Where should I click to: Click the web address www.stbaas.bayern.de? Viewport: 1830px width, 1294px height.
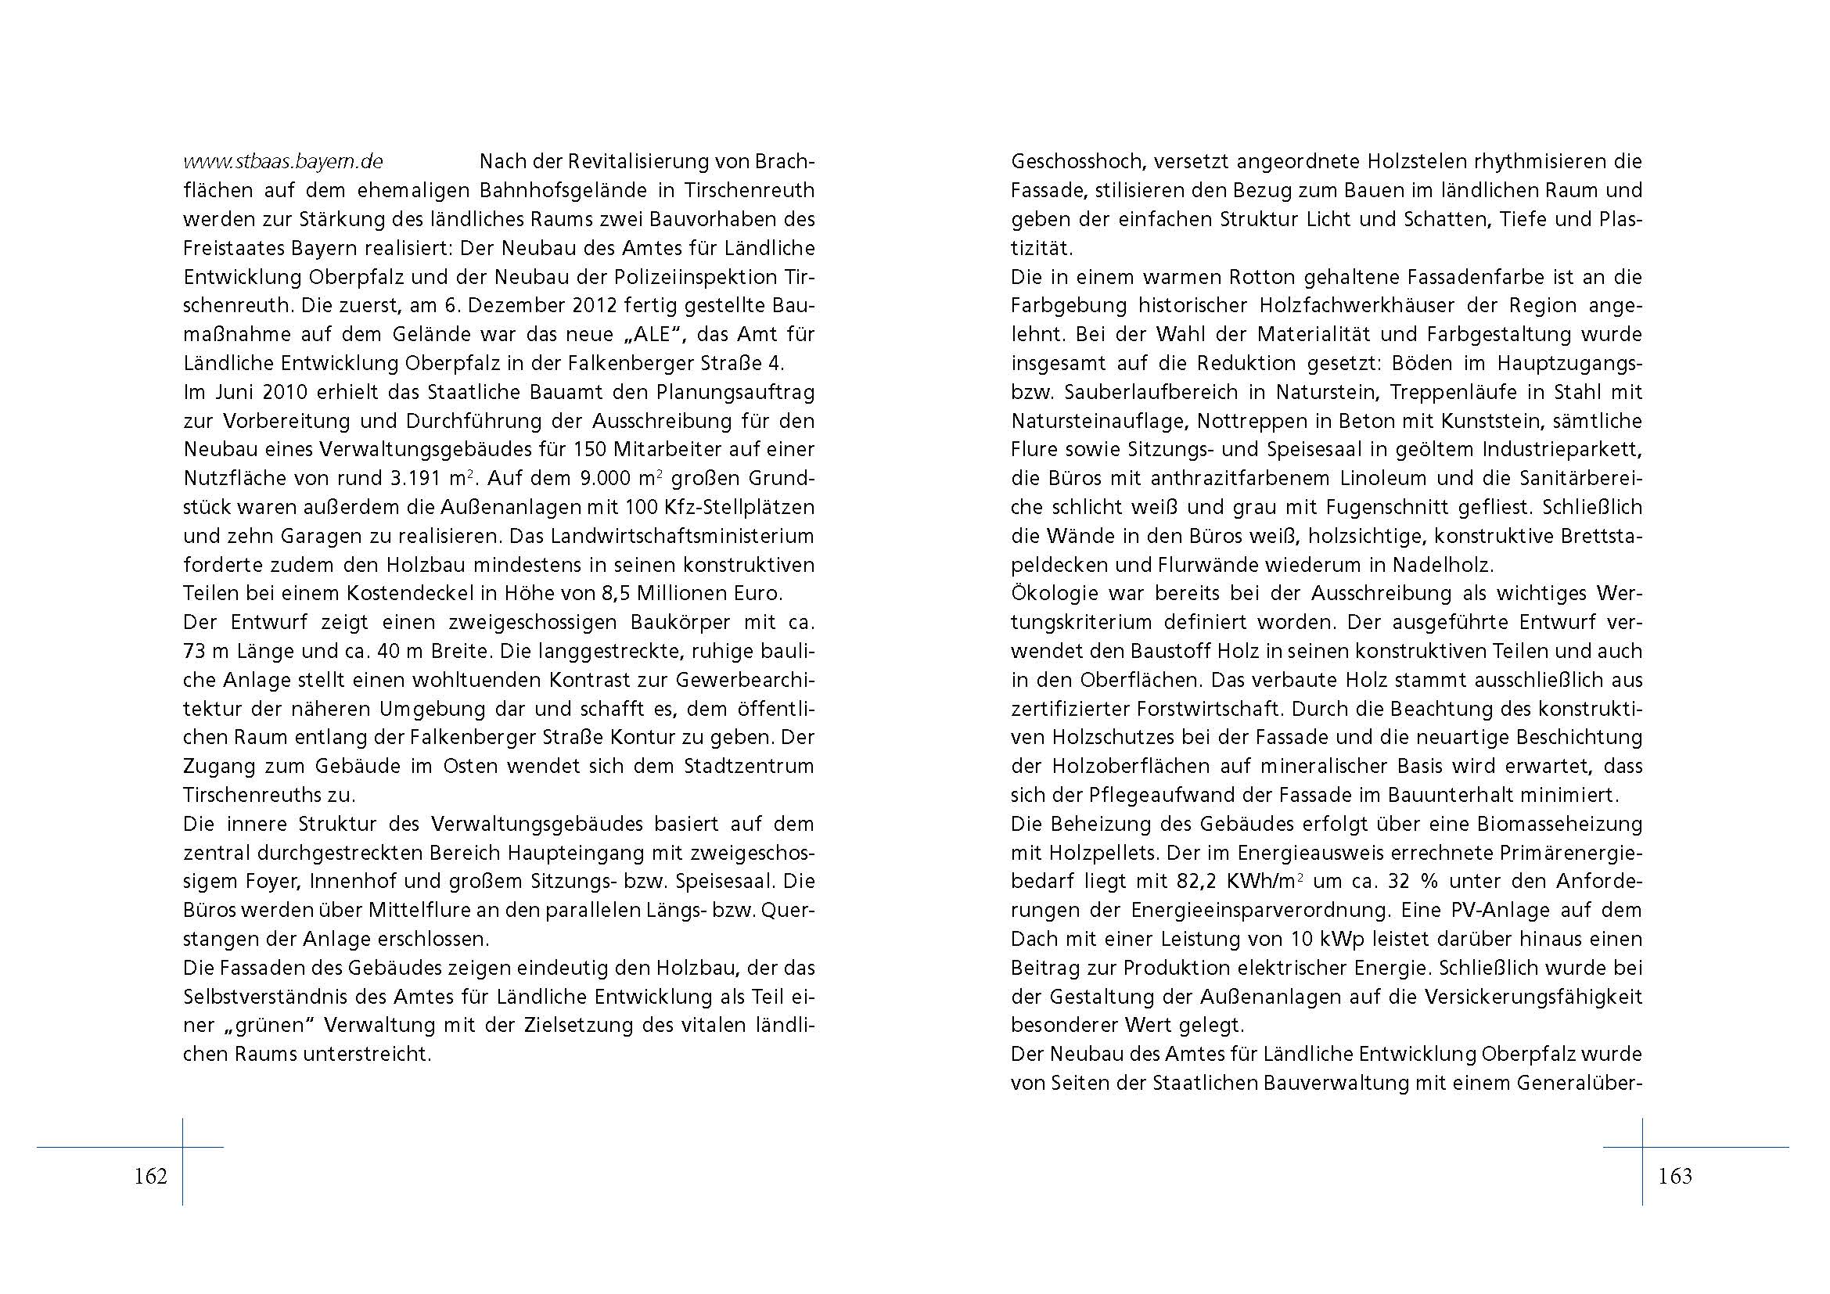(283, 162)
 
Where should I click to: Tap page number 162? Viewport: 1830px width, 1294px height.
(150, 1176)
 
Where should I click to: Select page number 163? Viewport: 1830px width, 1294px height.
(1674, 1176)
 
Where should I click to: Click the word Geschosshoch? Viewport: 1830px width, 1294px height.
(1078, 162)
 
